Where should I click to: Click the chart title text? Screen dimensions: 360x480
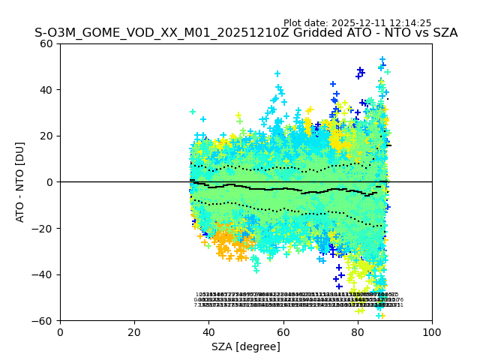246,33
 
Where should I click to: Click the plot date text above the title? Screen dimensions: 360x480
357,23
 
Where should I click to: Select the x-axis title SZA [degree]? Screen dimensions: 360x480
246,346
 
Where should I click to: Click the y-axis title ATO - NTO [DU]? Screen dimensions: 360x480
21,182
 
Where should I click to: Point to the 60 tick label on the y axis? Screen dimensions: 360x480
46,43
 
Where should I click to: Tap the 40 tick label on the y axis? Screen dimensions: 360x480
46,90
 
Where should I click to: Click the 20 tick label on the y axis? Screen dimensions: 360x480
46,136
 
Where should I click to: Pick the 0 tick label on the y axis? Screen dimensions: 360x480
49,182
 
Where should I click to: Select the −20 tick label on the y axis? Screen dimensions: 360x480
43,228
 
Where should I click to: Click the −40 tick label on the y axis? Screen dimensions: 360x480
43,274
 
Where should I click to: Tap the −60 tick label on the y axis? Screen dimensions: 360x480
43,320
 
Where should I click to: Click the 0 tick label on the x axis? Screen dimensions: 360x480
60,331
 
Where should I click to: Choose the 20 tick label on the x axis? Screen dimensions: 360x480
134,331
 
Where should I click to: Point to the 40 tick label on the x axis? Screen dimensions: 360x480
208,331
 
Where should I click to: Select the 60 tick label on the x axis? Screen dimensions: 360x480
283,331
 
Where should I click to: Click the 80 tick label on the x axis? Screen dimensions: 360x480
358,331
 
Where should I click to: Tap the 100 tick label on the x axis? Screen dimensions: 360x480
432,331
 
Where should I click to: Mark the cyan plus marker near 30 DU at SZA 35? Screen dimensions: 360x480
193,112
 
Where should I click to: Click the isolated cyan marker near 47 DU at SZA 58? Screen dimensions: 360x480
277,73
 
